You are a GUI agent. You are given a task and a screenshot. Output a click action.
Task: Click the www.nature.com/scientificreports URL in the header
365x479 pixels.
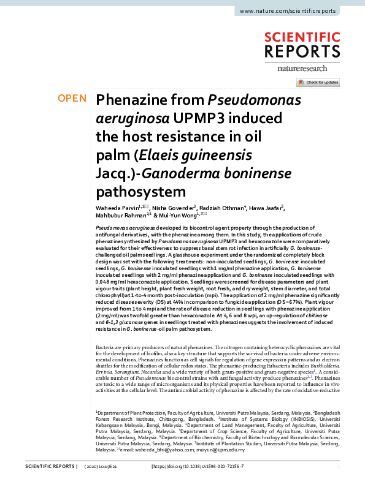pos(288,12)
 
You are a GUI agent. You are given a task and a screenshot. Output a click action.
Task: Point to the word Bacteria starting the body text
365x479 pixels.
pos(106,347)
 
